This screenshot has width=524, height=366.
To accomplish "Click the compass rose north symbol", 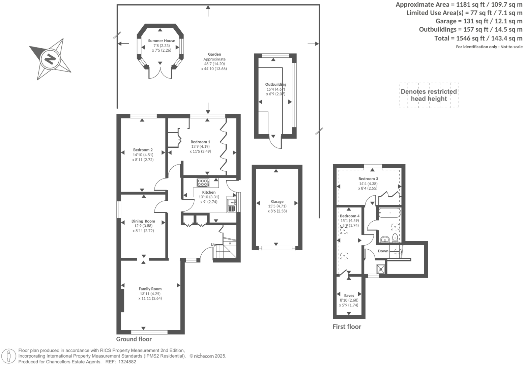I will (50, 59).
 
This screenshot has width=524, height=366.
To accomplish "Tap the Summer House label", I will (162, 41).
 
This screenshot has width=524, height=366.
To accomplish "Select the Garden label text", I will (214, 54).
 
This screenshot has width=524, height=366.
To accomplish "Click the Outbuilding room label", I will (275, 84).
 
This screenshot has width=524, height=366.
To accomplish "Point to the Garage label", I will (277, 202).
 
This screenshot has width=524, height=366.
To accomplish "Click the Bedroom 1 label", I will (200, 142).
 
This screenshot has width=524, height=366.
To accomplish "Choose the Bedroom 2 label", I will (143, 150).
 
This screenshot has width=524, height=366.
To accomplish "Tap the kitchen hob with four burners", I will (203, 182).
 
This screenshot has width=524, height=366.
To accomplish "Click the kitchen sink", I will (231, 202).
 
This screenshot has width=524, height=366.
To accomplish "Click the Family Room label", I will (150, 289).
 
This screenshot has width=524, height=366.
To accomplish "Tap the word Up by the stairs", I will (213, 245).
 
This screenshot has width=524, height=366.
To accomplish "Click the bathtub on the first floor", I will (389, 213).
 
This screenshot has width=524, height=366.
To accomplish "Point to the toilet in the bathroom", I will (395, 237).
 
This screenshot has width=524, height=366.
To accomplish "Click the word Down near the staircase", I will (383, 251).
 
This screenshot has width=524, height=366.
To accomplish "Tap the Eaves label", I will (349, 296).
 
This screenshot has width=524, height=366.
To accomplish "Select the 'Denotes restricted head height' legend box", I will (429, 95).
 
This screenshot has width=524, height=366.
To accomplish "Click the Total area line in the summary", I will (478, 38).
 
